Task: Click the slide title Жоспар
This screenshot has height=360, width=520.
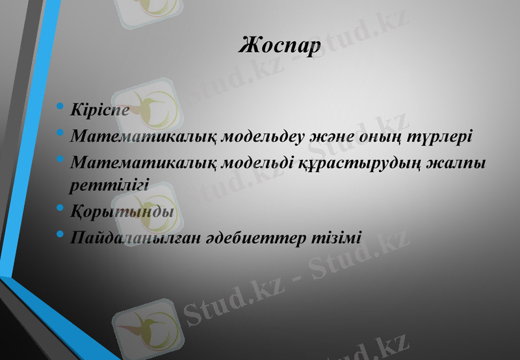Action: (x=280, y=46)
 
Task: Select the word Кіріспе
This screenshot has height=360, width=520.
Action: (x=99, y=109)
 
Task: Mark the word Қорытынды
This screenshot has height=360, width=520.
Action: (x=122, y=212)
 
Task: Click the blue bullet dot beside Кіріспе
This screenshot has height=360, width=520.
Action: (x=60, y=107)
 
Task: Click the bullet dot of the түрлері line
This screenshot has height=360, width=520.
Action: (x=60, y=134)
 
